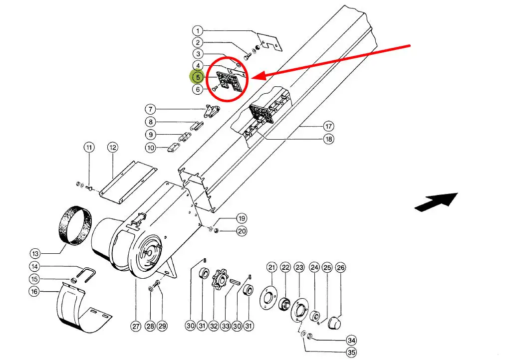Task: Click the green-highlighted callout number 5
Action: pos(198,77)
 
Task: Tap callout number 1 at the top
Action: pos(198,30)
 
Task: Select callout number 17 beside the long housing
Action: pos(328,127)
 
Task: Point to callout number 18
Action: pos(328,140)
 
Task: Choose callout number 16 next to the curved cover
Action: pos(34,292)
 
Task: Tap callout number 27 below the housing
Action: pos(136,327)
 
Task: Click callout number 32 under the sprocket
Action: pos(214,326)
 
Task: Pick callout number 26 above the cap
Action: pos(340,268)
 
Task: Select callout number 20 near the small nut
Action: pos(242,231)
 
